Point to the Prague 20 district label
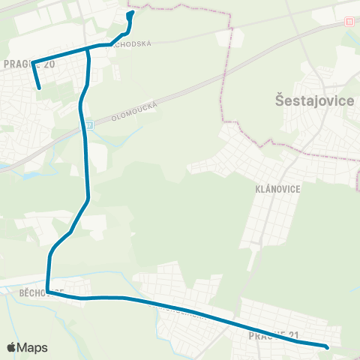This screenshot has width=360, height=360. point(29,64)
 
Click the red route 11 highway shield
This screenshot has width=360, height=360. point(349,22)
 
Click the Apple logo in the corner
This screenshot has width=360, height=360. point(12,347)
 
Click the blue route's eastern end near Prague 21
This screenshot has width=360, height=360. point(327,346)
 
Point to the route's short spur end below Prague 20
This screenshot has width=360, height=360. point(39,88)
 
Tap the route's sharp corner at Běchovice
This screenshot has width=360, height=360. point(47,292)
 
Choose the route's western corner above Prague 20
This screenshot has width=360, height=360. point(32,62)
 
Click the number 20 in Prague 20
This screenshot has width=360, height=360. point(49,64)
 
